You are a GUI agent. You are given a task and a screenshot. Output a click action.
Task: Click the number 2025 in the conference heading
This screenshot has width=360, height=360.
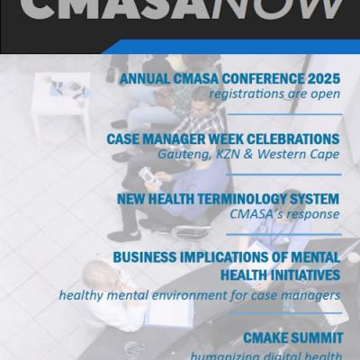pyautogui.click(x=322, y=78)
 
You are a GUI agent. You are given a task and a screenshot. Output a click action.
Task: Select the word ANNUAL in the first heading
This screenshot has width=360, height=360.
pyautogui.click(x=147, y=78)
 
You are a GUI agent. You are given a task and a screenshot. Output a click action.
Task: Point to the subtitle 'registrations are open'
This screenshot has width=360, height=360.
pyautogui.click(x=274, y=94)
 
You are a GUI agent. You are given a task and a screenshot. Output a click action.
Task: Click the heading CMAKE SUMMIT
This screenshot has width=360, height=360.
pyautogui.click(x=292, y=338)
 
